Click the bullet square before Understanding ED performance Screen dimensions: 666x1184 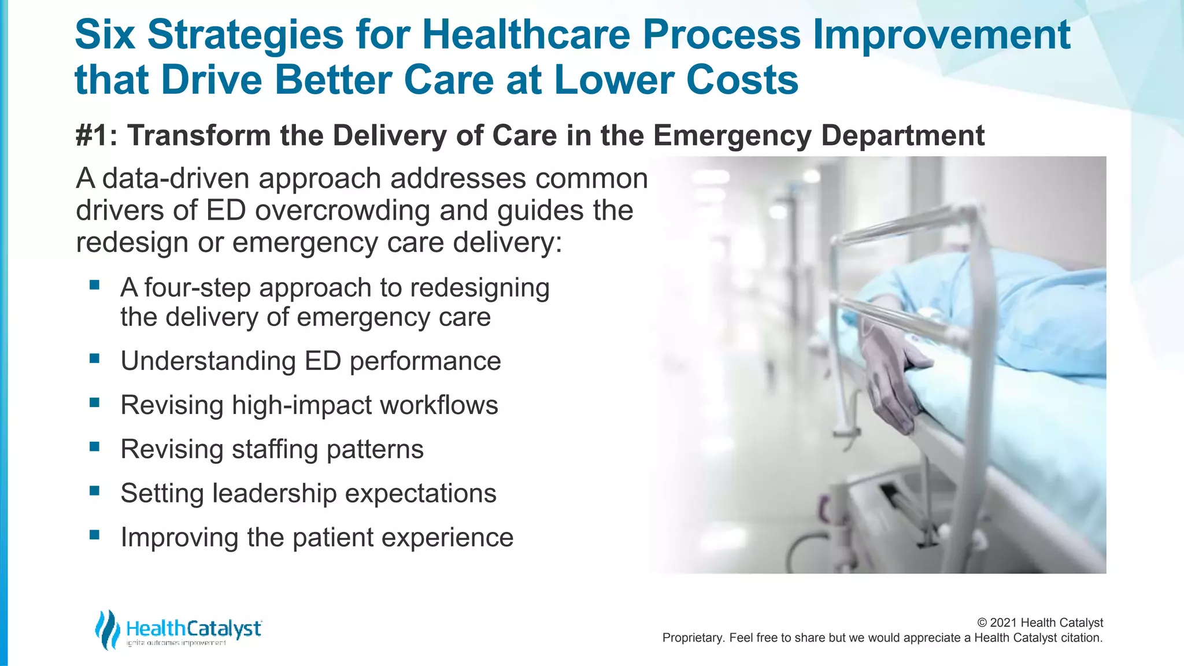click(x=95, y=358)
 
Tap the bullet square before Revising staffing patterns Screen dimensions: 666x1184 click(x=95, y=447)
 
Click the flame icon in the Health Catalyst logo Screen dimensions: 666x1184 click(x=107, y=629)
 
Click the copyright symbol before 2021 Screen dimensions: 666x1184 click(x=982, y=623)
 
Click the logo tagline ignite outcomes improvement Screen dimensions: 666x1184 click(x=176, y=643)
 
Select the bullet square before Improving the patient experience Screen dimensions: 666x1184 click(x=95, y=535)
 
